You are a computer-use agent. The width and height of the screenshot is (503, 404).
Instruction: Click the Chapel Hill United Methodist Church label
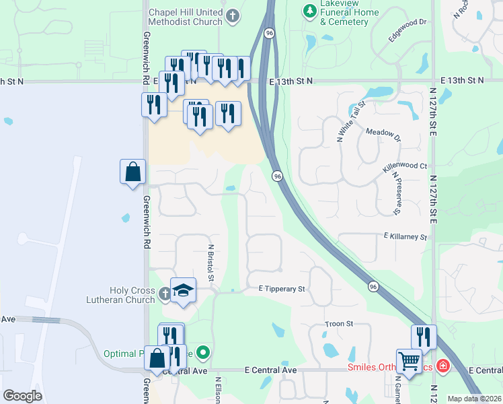pyautogui.click(x=185, y=17)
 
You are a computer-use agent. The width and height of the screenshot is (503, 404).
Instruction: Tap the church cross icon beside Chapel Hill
pyautogui.click(x=233, y=16)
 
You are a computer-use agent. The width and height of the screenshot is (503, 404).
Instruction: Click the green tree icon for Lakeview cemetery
pyautogui.click(x=309, y=11)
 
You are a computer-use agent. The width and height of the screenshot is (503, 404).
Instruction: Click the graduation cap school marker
pyautogui.click(x=183, y=290)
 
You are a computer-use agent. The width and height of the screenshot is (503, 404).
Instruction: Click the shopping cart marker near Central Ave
pyautogui.click(x=409, y=361)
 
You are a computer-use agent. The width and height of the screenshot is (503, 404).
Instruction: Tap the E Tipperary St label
pyautogui.click(x=282, y=289)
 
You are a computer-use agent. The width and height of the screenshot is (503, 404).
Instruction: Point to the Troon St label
pyautogui.click(x=339, y=324)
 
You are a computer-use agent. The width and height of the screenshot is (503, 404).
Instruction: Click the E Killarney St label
pyautogui.click(x=405, y=237)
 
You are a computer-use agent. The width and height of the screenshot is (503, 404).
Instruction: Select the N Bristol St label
pyautogui.click(x=210, y=263)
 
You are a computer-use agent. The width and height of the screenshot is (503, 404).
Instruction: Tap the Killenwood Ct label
pyautogui.click(x=405, y=166)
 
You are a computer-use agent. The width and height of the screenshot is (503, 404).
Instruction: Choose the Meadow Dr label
pyautogui.click(x=383, y=133)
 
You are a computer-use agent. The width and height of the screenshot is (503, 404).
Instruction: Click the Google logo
pyautogui.click(x=23, y=396)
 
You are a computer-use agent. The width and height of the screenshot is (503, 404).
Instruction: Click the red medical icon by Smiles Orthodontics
pyautogui.click(x=442, y=366)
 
